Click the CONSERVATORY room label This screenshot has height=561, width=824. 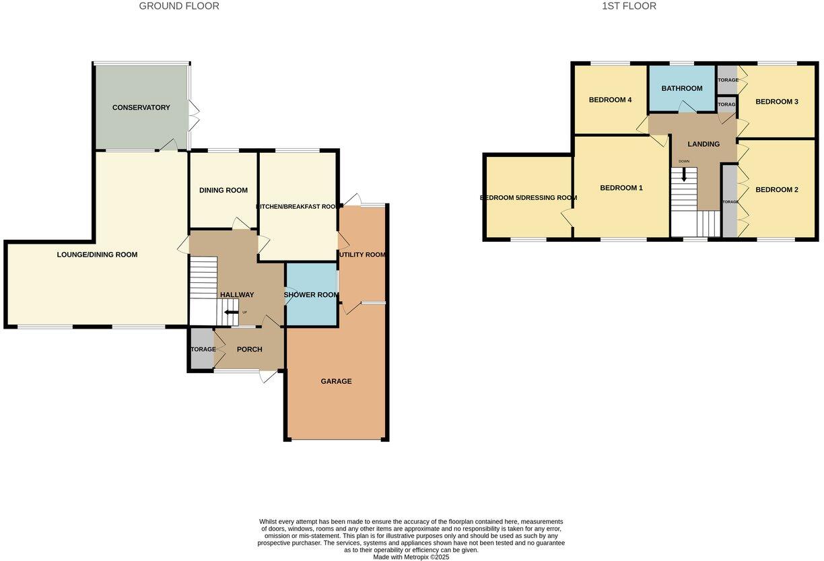[141, 108]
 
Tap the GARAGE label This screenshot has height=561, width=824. [336, 381]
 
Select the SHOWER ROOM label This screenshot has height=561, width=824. [311, 295]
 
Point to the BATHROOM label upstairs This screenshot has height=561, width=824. [681, 88]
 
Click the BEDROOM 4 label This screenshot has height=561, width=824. [610, 100]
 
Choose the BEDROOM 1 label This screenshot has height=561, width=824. [621, 188]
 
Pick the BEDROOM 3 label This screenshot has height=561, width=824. [776, 102]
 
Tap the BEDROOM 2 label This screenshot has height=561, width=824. [776, 190]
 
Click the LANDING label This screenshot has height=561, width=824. [703, 144]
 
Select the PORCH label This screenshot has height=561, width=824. [249, 350]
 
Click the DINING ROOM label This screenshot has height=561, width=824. [224, 191]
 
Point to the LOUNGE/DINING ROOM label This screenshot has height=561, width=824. [97, 255]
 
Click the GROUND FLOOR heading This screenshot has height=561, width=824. [179, 6]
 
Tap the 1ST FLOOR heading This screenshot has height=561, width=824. [629, 6]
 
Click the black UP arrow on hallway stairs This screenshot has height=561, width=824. [232, 312]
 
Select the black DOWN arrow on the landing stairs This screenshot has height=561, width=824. [684, 174]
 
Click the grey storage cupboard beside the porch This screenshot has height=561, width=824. [201, 349]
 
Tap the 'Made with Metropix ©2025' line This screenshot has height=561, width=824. [411, 557]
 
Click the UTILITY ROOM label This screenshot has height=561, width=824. [362, 255]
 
